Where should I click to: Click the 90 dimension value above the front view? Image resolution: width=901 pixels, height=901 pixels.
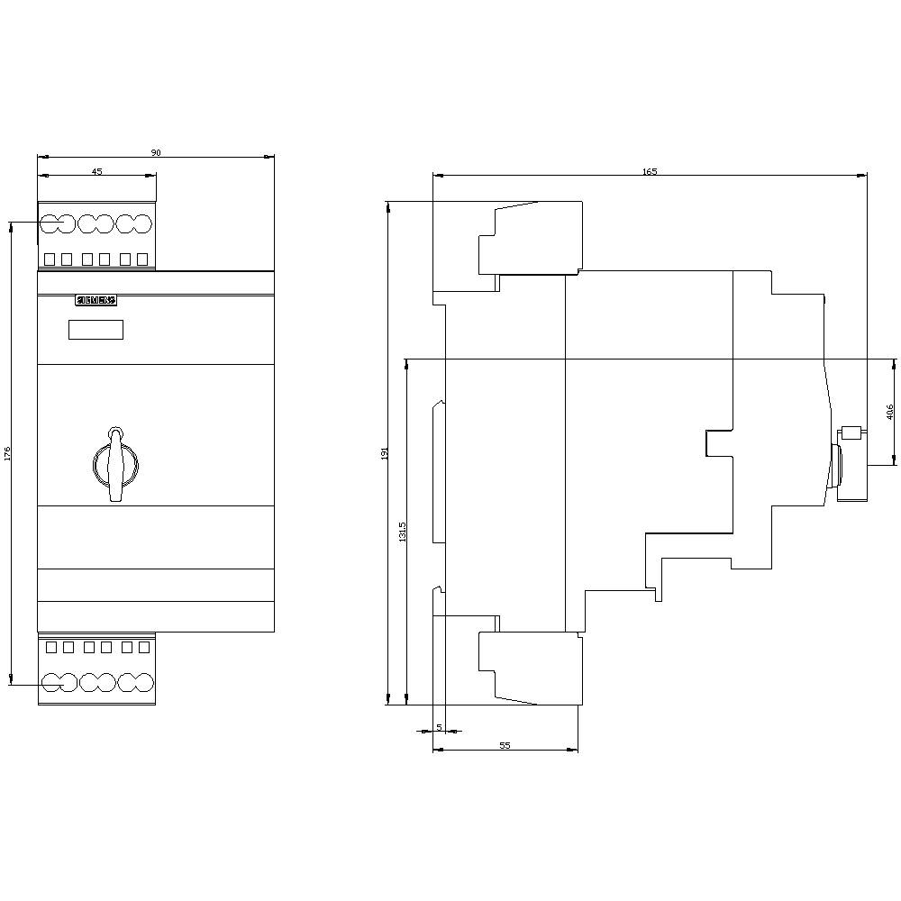[155, 153]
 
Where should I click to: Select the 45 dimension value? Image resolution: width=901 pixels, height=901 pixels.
[96, 171]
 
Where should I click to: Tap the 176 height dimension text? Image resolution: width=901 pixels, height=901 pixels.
[7, 454]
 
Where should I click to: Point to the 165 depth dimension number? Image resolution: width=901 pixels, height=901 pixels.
[650, 171]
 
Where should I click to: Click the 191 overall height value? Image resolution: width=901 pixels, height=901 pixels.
[384, 452]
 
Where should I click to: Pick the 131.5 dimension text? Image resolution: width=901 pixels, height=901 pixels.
[403, 532]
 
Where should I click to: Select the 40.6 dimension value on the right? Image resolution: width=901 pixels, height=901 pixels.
[890, 413]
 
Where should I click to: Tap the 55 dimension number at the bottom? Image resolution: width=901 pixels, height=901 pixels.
[505, 745]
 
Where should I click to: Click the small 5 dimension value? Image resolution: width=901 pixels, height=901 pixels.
[439, 726]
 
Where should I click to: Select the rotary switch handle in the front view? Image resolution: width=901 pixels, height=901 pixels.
[115, 463]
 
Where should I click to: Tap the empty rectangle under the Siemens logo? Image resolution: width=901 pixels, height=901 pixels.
[96, 330]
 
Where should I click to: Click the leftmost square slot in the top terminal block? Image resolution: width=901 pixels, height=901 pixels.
[49, 259]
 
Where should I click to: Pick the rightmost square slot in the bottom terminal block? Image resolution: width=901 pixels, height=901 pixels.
[142, 647]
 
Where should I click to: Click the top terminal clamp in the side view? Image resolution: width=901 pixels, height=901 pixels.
[529, 239]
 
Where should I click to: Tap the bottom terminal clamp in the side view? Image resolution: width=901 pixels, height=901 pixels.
[529, 667]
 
